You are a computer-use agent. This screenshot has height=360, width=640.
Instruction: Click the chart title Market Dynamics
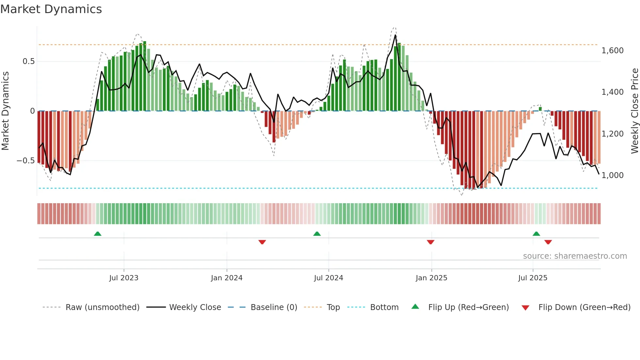coord(51,9)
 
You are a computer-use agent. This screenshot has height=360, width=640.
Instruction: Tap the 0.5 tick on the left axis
coord(28,61)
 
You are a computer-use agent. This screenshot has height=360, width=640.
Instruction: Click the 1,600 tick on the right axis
coord(612,51)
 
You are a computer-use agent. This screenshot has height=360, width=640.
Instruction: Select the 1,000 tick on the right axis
coord(612,175)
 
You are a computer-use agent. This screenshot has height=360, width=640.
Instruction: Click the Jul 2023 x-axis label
coord(124,278)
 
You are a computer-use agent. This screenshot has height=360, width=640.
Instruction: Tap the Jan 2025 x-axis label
coord(431,278)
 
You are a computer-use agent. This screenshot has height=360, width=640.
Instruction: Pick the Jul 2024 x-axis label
coord(328,278)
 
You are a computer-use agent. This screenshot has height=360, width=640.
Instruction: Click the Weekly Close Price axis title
coord(634,111)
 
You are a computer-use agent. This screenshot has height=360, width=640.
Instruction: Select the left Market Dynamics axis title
coord(5,111)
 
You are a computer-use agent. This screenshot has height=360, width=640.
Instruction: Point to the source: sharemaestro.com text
coord(575,256)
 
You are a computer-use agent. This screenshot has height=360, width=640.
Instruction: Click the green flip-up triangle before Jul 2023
coord(98,234)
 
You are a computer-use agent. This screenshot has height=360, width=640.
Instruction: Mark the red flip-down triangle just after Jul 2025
coord(548,242)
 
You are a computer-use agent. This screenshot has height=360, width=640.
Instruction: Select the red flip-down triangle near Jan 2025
coord(430,242)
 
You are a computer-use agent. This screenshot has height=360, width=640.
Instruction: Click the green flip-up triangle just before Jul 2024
coord(317,234)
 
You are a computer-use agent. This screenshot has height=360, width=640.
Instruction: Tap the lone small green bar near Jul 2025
coord(540,109)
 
